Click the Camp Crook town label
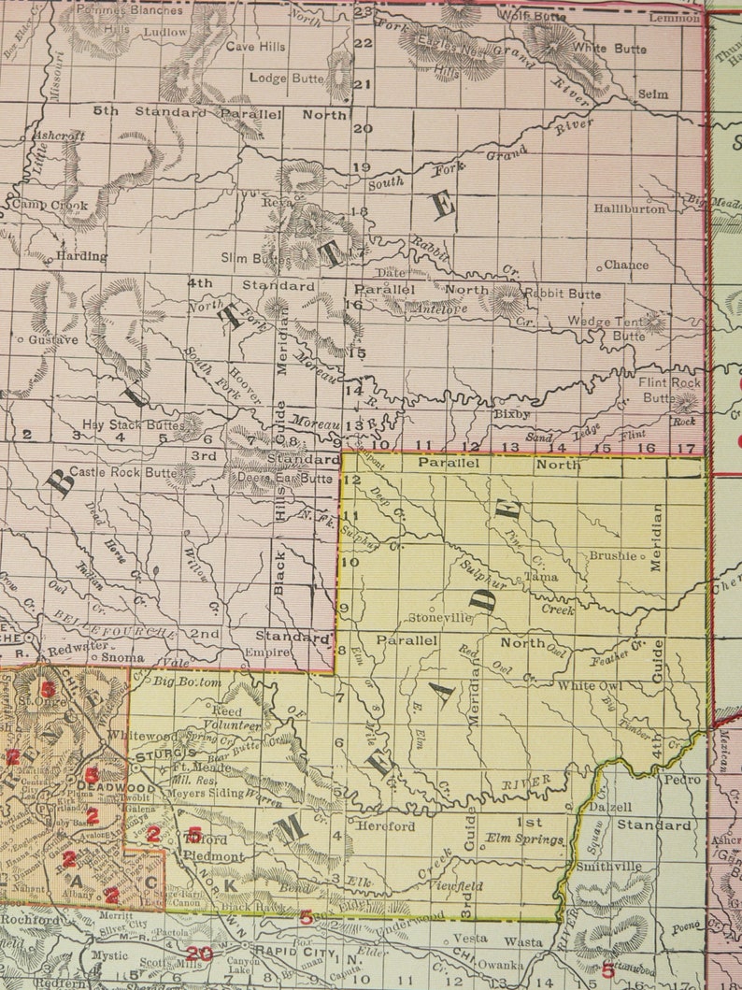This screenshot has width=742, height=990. [x=50, y=206]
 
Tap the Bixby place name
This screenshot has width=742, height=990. [x=511, y=413]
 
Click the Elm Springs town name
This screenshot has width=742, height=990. [x=525, y=839]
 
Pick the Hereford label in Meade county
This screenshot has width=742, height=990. [x=385, y=826]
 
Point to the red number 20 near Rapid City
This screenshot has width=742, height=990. [x=196, y=953]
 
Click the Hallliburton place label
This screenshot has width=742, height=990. [x=630, y=208]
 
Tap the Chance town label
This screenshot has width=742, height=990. [x=625, y=265]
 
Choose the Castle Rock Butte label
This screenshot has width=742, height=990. [x=121, y=472]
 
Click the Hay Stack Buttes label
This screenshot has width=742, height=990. [x=133, y=424]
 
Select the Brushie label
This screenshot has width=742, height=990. [x=612, y=555]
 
